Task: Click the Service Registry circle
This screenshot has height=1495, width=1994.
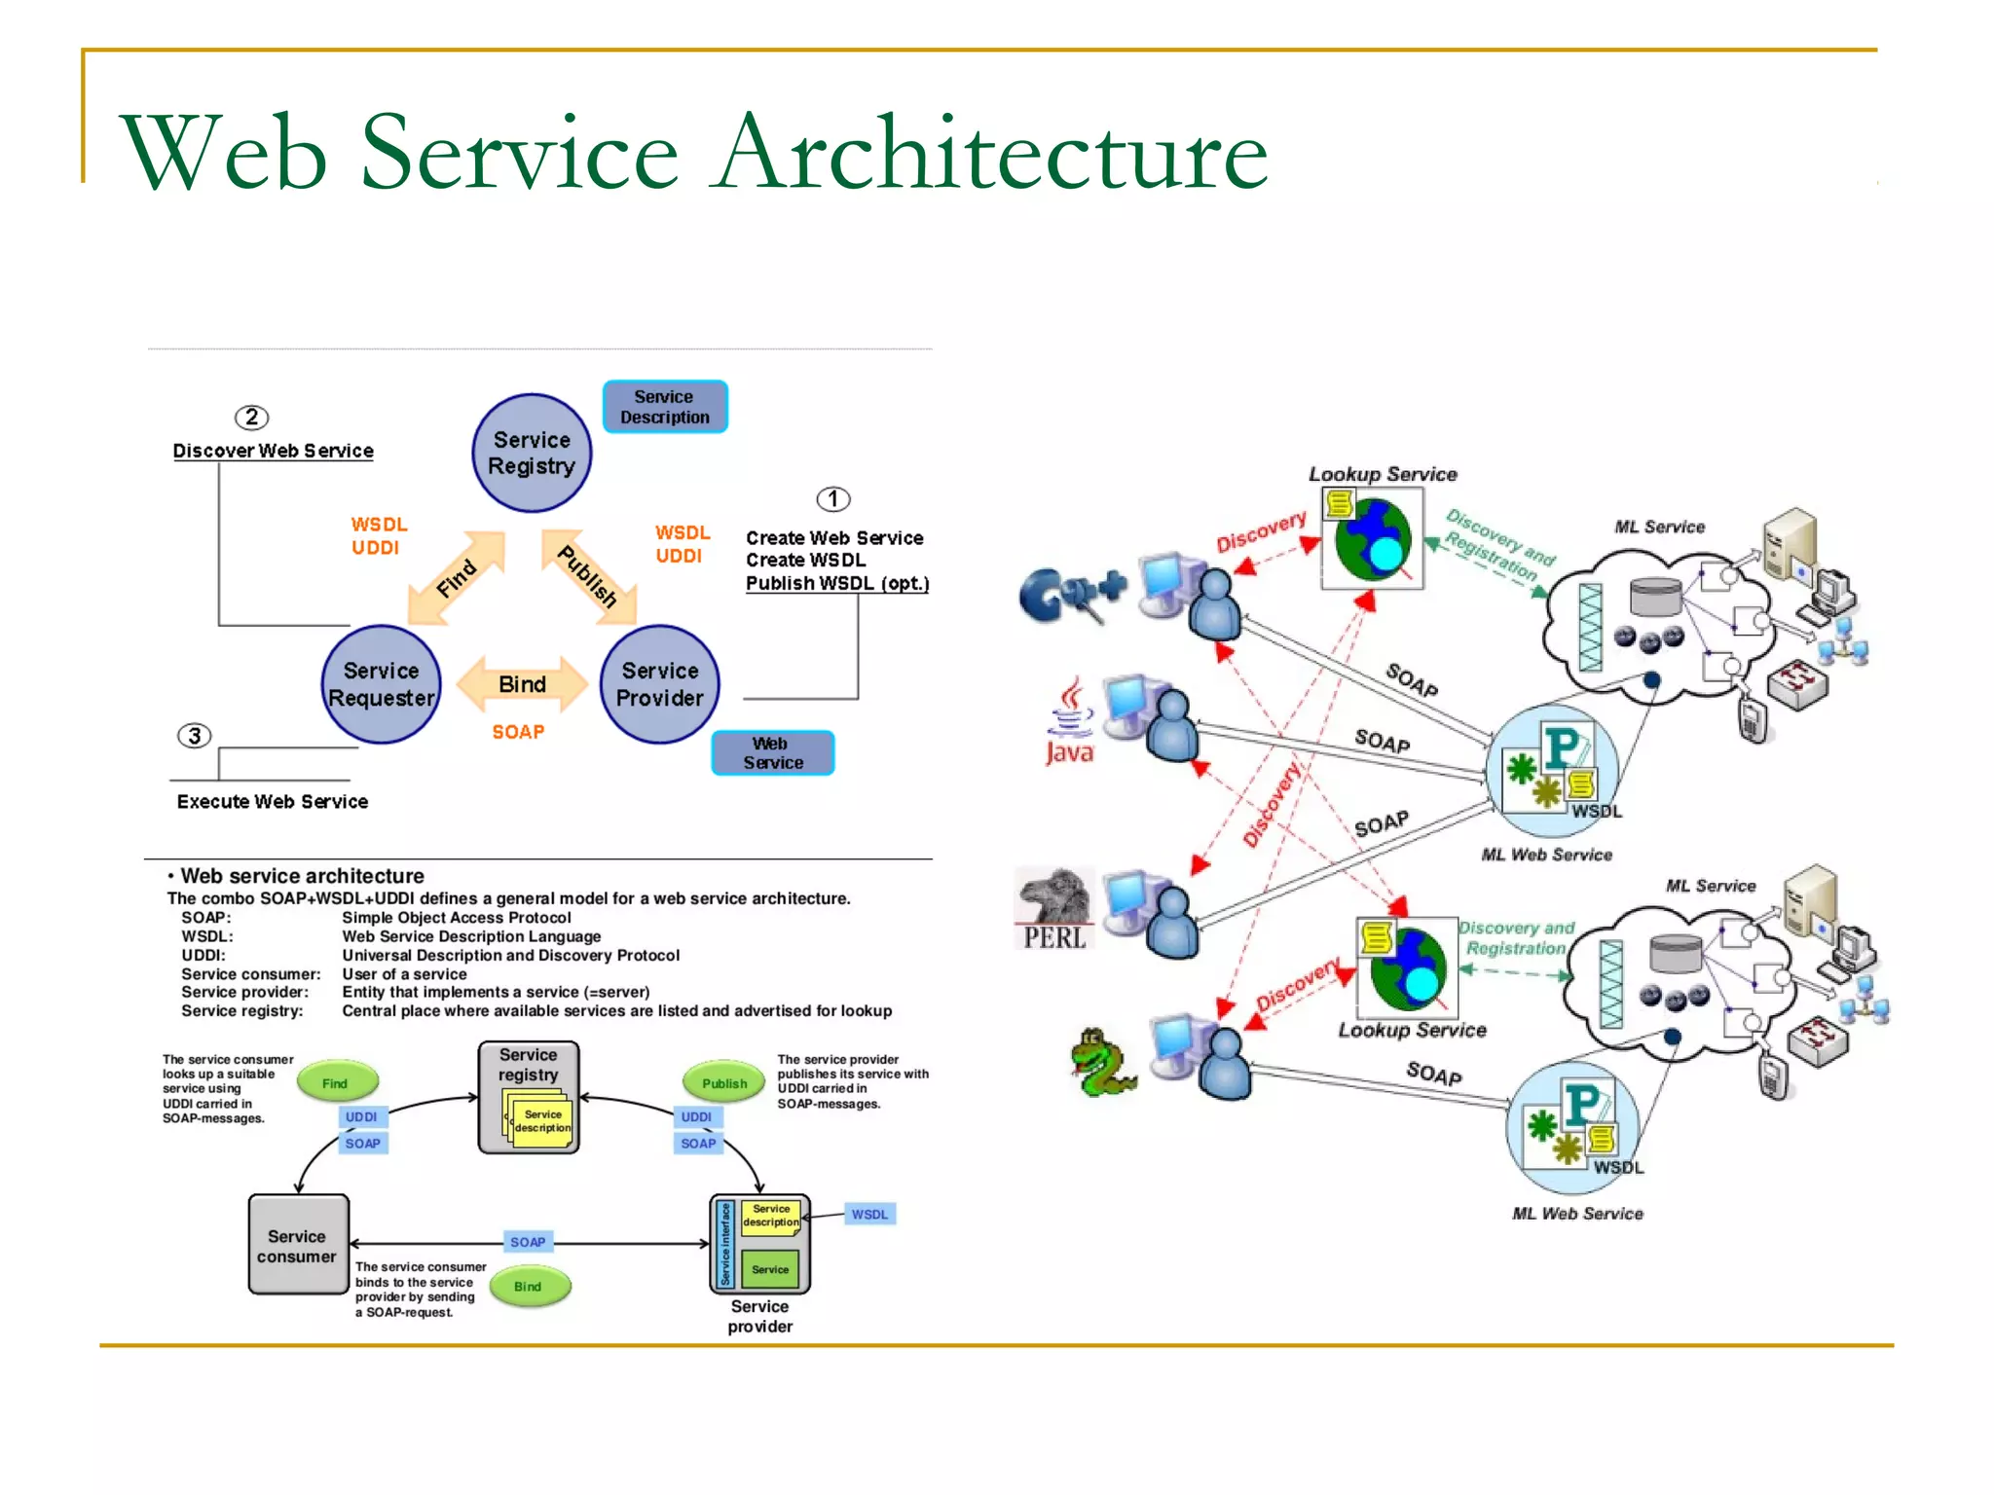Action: point(532,453)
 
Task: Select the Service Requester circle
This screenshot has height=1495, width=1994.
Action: point(381,684)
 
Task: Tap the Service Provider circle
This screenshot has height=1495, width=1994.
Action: point(659,684)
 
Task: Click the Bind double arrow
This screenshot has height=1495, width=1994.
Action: point(522,684)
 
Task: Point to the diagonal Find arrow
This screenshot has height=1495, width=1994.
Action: point(456,577)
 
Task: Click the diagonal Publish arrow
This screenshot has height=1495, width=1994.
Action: point(588,576)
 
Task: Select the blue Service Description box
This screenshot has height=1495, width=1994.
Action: point(665,407)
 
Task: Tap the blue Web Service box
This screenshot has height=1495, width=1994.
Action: point(772,753)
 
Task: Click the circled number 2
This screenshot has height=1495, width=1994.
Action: point(251,418)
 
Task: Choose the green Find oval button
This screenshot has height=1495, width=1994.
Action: point(336,1082)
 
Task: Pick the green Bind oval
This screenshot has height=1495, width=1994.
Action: point(528,1286)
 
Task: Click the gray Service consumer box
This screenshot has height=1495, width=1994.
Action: point(298,1245)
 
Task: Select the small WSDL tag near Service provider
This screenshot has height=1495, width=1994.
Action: point(869,1214)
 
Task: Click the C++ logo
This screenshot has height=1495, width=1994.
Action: point(1069,594)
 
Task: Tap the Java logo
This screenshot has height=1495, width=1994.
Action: point(1069,723)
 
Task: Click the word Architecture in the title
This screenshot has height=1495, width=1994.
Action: point(989,152)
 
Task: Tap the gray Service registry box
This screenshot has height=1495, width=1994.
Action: point(529,1098)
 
